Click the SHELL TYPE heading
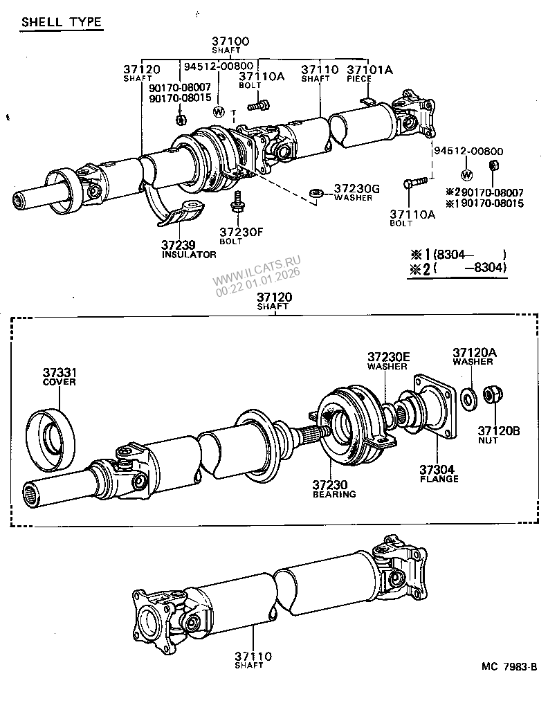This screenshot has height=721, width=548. (x=62, y=22)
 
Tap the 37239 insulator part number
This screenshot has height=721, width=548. (x=179, y=245)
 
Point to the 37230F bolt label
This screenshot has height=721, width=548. (x=241, y=232)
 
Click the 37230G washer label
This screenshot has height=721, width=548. (x=357, y=188)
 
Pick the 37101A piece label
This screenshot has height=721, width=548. (x=369, y=69)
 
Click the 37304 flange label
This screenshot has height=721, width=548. (x=439, y=468)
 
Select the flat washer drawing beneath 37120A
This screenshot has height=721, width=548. (x=468, y=398)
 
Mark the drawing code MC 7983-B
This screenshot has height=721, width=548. (x=509, y=667)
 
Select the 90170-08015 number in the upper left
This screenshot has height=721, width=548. (x=181, y=98)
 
